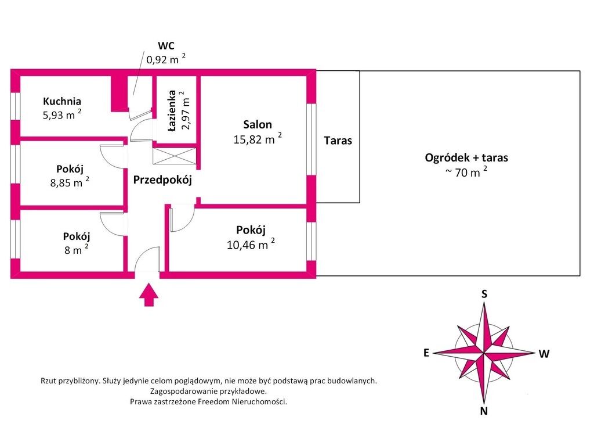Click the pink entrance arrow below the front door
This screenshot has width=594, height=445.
click(x=149, y=295)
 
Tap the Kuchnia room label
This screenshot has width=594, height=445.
click(x=61, y=101)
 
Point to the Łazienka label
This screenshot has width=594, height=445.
click(x=172, y=110)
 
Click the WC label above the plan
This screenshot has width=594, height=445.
click(x=166, y=46)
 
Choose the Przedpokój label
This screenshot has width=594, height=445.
click(x=162, y=180)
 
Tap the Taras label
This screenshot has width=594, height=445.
click(x=338, y=141)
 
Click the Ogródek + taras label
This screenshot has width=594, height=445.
click(x=466, y=157)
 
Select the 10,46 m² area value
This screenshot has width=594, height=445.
click(x=251, y=244)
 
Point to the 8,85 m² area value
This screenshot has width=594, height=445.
click(x=70, y=182)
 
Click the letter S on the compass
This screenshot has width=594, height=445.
click(x=484, y=294)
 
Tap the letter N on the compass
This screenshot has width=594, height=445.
click(x=484, y=411)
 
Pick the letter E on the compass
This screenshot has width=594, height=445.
click(x=426, y=353)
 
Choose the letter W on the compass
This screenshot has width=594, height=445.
click(x=544, y=354)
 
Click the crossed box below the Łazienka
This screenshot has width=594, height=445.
click(x=175, y=156)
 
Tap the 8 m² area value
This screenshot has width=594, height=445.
click(x=77, y=250)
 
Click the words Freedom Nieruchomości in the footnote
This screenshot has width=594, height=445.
click(x=242, y=402)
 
